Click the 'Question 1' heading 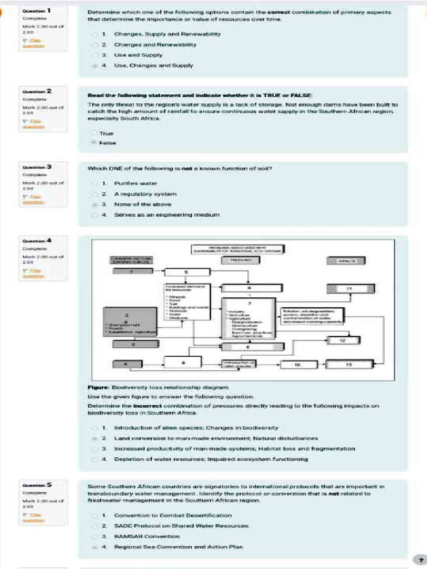coord(37,11)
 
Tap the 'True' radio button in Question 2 coord(92,133)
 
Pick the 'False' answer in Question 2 coord(107,143)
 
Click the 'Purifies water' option coord(136,183)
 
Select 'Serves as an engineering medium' coord(167,214)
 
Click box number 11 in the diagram coord(349,288)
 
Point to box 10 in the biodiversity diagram coord(297,365)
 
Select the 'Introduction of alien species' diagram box coord(239,365)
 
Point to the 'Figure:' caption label coord(98,387)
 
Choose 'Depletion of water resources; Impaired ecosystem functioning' coord(211,459)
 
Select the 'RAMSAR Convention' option coord(147,536)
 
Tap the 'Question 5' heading coord(37,485)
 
